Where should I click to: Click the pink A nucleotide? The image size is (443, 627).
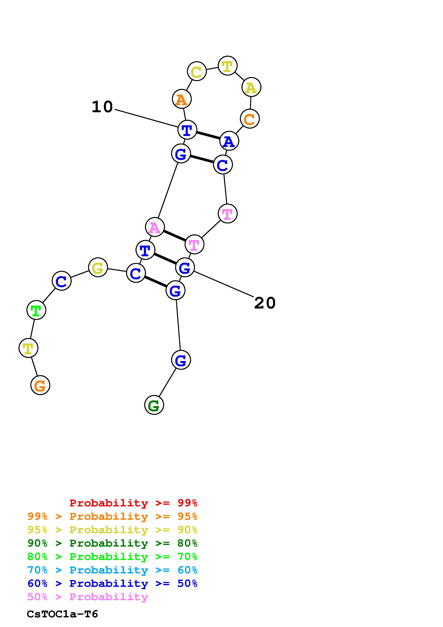pyautogui.click(x=155, y=227)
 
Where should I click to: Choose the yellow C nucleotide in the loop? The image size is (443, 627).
pyautogui.click(x=197, y=71)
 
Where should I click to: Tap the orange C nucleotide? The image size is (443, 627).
pyautogui.click(x=249, y=119)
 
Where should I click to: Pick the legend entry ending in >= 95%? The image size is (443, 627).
pyautogui.click(x=112, y=516)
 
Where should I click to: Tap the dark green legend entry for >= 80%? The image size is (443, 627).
pyautogui.click(x=112, y=543)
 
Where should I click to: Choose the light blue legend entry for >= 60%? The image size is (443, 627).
pyautogui.click(x=112, y=570)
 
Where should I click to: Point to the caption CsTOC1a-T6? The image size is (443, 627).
pyautogui.click(x=62, y=614)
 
